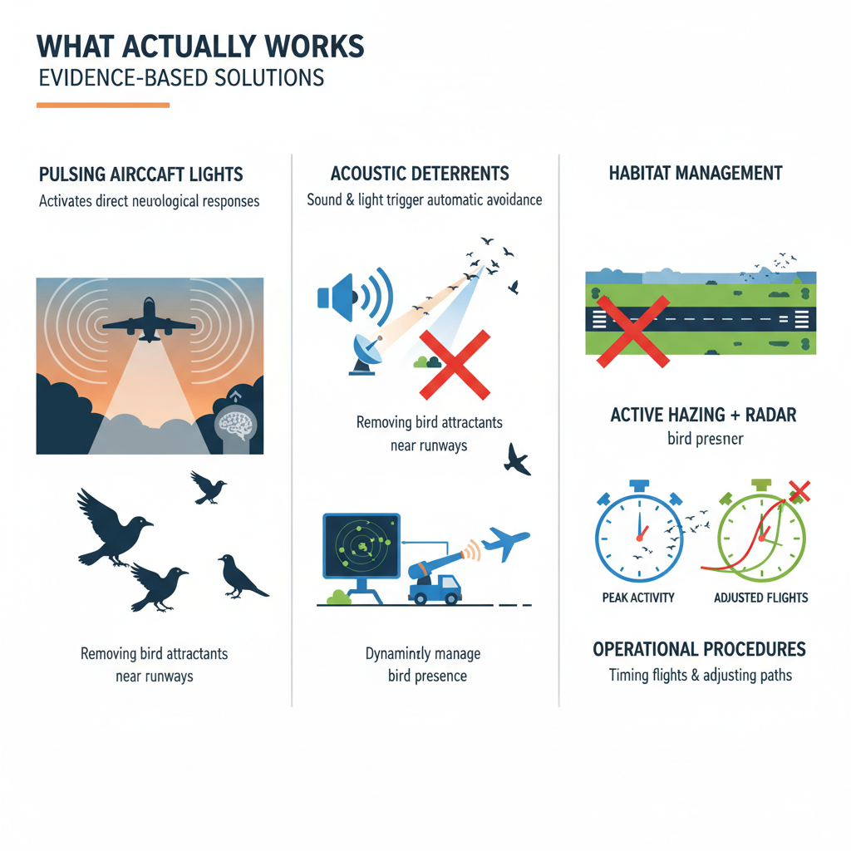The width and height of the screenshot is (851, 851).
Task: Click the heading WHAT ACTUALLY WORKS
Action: pos(201,47)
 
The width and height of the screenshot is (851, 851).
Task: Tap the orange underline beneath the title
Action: pos(103,106)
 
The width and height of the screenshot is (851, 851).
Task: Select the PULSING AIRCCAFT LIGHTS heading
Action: pos(140,175)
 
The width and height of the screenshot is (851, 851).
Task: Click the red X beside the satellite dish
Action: pos(453,363)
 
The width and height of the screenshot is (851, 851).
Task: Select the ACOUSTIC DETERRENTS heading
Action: pos(420,174)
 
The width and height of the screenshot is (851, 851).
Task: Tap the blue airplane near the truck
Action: pos(505,544)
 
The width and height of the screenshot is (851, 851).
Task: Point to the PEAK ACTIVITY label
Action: pos(638,598)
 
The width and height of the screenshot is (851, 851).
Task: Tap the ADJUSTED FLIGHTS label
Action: pos(760,598)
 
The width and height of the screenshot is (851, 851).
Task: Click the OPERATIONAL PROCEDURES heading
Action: pos(699,649)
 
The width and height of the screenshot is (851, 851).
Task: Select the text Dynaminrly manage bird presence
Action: pos(423,664)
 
